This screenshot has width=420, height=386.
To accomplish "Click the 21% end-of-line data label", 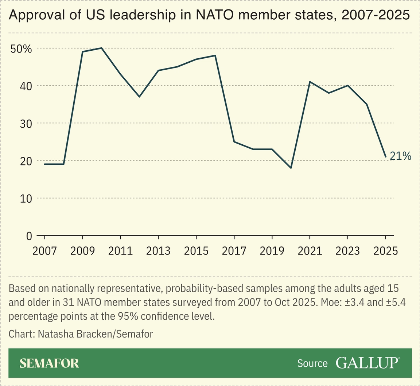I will coord(400,156).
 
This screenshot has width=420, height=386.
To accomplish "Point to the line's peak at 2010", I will coord(101,48).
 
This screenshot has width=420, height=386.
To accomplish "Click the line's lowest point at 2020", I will coord(291,168).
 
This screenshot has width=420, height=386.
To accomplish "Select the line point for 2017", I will coord(234,142).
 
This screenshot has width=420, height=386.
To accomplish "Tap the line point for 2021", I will coord(310,82).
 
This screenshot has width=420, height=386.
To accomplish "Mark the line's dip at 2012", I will coord(139,97).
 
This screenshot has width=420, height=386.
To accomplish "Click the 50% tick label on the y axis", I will coord(22,48).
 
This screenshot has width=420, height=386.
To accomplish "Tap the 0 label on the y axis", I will coord(29,236).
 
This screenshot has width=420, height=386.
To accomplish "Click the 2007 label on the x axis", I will coord(45,251).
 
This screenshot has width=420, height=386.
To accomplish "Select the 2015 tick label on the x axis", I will coord(196,251).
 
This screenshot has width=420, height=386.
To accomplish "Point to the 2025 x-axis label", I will coord(385,251).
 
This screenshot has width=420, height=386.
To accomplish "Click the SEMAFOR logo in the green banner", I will coord(49,363).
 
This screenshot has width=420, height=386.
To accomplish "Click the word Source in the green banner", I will coord(312,363).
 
